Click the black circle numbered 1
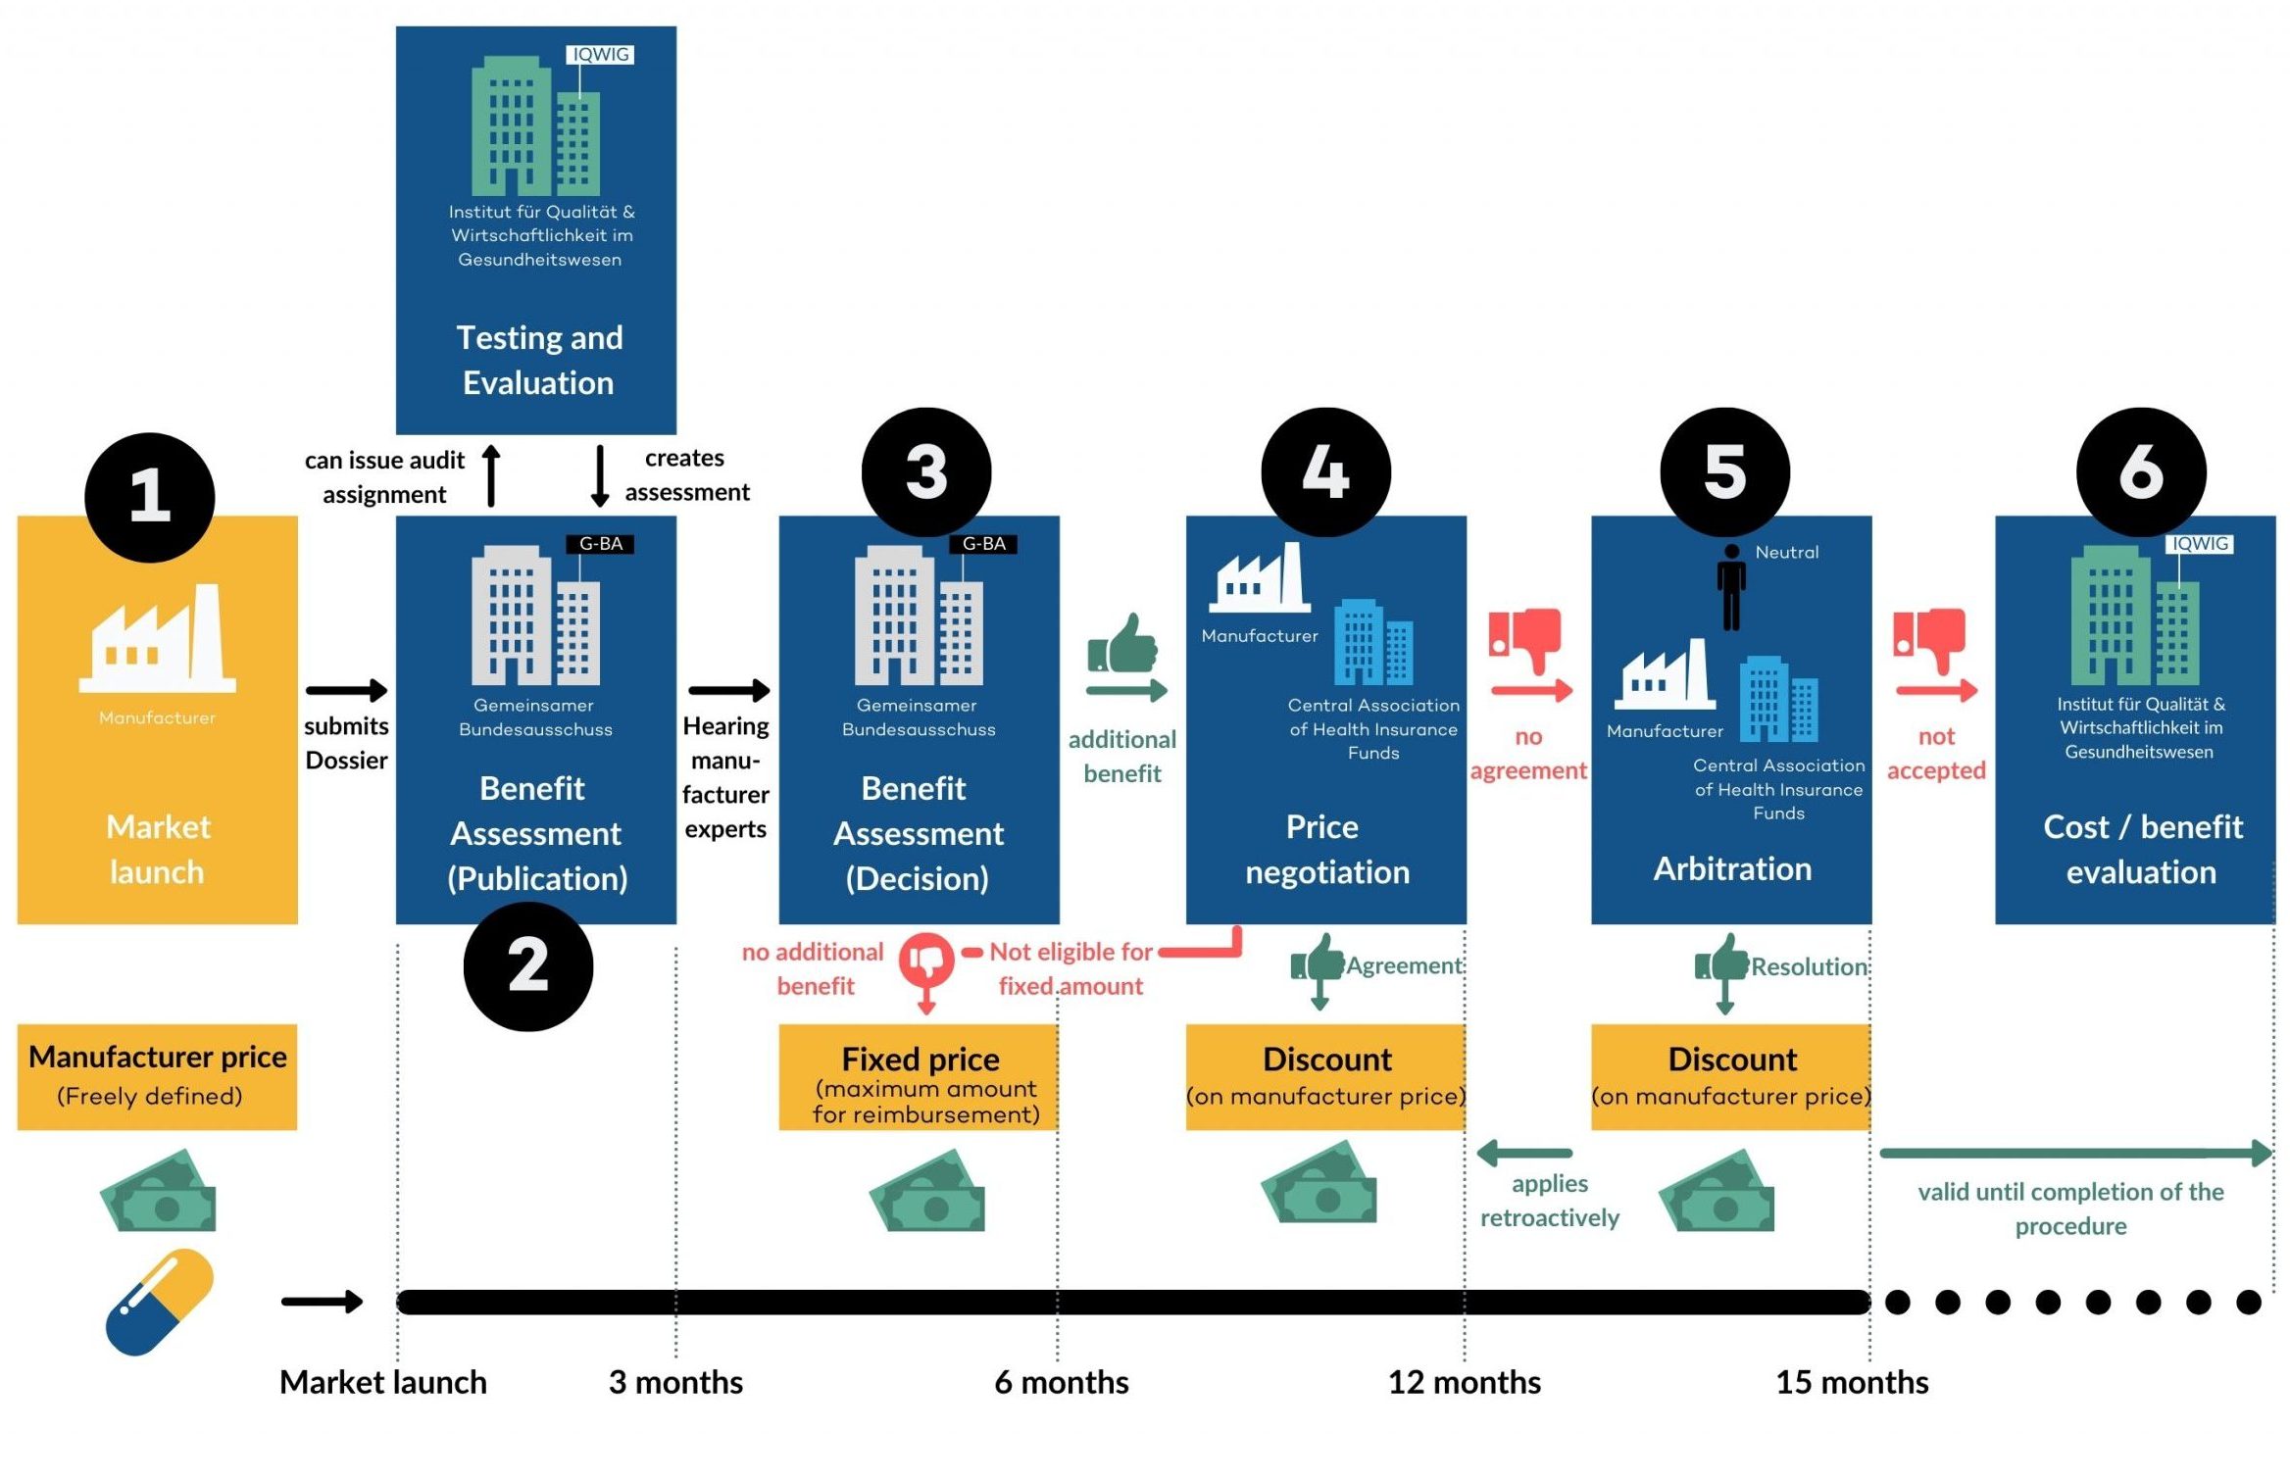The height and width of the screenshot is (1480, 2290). (150, 497)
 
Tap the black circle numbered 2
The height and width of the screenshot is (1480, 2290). (528, 966)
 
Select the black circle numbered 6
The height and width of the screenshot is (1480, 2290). (2141, 472)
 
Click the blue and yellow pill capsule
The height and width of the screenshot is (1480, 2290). (160, 1302)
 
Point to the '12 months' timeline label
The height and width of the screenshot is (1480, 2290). (1465, 1382)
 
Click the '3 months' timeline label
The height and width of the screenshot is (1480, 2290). (675, 1382)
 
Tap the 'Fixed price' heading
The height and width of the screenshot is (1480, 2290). (921, 1059)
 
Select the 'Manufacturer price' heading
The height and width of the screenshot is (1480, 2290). (158, 1057)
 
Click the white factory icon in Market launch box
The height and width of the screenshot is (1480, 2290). (157, 637)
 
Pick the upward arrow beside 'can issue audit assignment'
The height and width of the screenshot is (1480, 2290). (492, 476)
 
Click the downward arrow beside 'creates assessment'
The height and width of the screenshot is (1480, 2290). (600, 476)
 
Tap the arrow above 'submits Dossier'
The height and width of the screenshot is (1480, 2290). (347, 690)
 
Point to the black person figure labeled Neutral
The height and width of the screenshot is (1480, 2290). (1731, 587)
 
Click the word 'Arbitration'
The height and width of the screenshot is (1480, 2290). (1732, 868)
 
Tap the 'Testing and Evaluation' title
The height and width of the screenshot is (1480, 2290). (539, 360)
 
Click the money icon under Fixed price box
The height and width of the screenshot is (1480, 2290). (926, 1190)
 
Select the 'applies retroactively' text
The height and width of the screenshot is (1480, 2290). (1549, 1201)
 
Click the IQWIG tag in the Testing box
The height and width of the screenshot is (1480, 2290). (600, 55)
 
